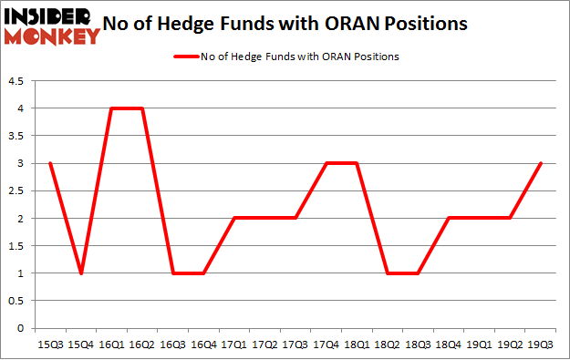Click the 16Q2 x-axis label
143,344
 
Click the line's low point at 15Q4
80,273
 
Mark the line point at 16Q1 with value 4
111,108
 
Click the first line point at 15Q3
49,163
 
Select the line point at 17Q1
235,219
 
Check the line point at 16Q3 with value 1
173,273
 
